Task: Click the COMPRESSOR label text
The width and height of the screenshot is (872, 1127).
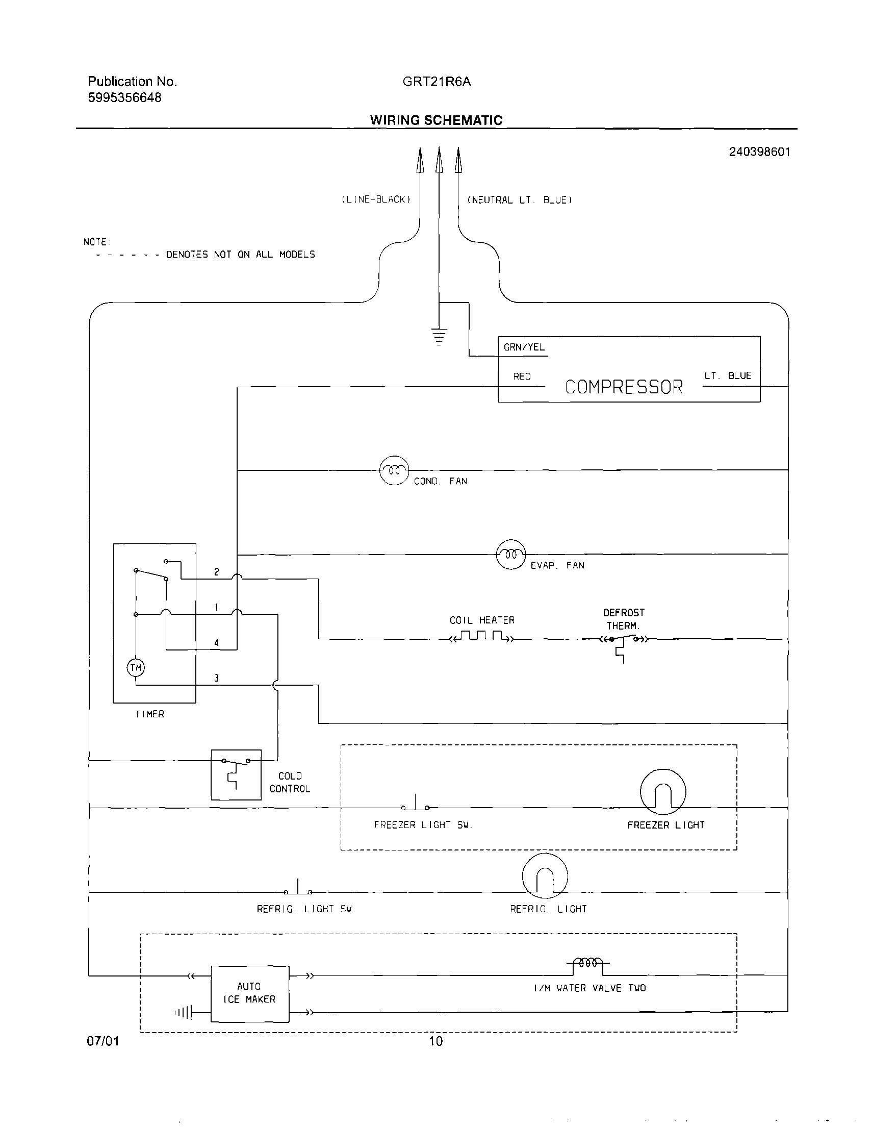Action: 623,387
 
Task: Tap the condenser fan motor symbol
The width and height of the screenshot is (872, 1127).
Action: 394,470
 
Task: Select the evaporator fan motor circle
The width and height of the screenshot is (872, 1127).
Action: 510,554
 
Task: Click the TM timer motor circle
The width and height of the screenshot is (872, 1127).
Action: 136,668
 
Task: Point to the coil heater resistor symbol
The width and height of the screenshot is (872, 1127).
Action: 481,636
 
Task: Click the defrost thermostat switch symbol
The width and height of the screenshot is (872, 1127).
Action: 624,642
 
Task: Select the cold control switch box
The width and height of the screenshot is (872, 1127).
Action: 236,774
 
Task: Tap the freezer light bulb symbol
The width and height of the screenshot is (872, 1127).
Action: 662,792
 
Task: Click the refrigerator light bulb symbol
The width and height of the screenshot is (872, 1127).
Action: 545,876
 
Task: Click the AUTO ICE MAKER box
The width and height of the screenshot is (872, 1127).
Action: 250,993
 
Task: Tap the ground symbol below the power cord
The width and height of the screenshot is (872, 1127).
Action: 439,336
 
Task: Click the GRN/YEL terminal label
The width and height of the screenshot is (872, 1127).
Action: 524,347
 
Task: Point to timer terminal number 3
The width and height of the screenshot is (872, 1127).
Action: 217,678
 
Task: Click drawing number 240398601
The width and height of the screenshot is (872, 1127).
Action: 759,152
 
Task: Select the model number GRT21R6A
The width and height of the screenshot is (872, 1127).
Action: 437,82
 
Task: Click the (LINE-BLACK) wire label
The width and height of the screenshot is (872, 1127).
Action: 376,199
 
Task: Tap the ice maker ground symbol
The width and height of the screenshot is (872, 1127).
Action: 185,1013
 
